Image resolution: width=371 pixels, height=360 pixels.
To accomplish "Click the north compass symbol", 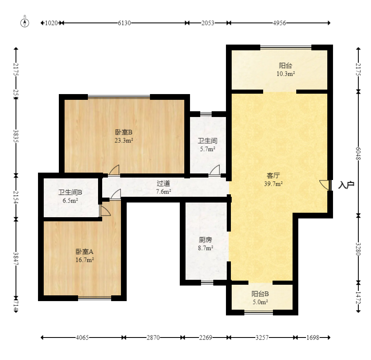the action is pos(25,23).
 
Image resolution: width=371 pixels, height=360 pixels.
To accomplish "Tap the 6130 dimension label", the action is pos(125,23).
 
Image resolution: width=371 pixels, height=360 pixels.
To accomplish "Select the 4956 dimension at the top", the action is pos(279,23).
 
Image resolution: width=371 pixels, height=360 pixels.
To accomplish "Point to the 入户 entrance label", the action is pos(346,185).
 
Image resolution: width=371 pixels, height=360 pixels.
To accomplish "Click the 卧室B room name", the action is pos(123,132).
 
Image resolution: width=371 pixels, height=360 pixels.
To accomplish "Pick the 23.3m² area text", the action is pos(124,140).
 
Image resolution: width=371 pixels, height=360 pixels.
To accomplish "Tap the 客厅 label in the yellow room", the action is pos(273,175).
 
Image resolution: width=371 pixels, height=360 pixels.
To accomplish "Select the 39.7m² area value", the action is pos(273,184).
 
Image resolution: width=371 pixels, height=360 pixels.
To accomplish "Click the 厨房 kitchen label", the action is pos(206,240).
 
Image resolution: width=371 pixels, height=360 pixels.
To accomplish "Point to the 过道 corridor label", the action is pos(163,183).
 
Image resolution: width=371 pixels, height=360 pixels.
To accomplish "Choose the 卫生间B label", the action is pos(70,192).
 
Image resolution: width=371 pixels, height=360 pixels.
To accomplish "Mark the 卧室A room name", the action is pos(85,252).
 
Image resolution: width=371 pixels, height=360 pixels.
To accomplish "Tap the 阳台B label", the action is pos(260,294).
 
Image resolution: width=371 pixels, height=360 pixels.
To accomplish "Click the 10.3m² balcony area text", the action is pos(286,74).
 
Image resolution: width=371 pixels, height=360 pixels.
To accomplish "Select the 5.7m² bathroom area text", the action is pos(208,149).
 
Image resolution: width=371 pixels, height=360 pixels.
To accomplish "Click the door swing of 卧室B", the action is pos(114,170).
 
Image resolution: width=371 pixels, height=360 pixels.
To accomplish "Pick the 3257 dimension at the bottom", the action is pos(262,337).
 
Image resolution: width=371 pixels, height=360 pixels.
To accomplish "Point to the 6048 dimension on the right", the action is pos(358,153).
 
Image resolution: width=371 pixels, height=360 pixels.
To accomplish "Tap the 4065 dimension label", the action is pos(82,337).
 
